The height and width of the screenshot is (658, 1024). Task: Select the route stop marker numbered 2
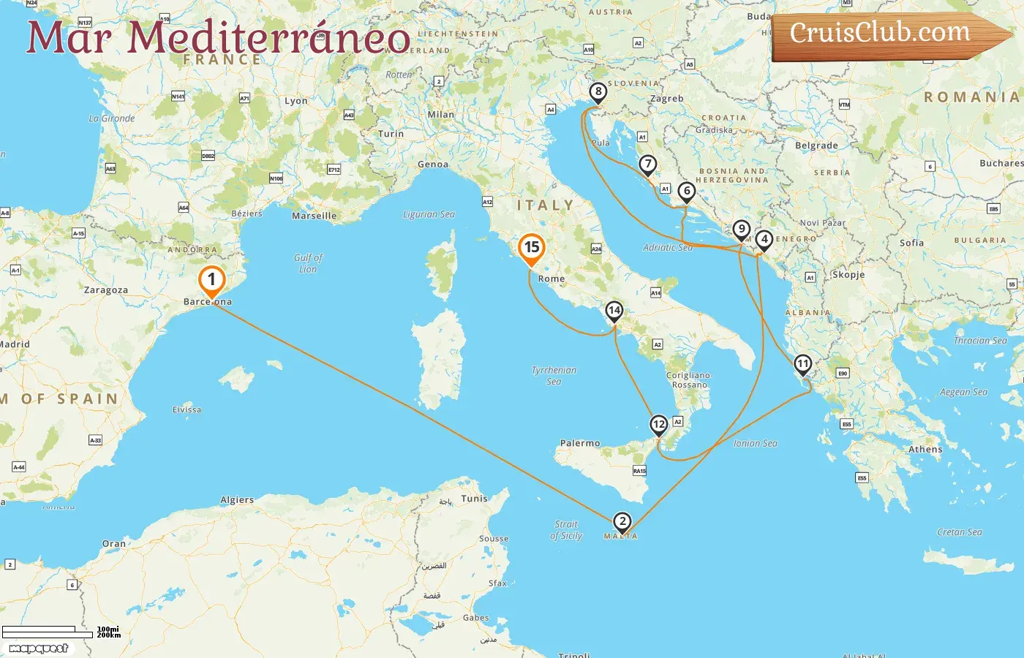[622, 522]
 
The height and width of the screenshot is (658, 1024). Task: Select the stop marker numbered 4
[764, 240]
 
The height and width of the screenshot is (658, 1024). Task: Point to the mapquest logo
[39, 648]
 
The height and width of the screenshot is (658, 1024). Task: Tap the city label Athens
[925, 450]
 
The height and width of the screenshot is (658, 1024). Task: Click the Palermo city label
[580, 443]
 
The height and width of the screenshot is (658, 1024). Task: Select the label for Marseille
[315, 216]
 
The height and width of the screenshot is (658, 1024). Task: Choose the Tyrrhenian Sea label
[554, 375]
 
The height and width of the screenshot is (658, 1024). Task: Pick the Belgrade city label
[816, 145]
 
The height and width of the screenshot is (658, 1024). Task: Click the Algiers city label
[237, 500]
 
